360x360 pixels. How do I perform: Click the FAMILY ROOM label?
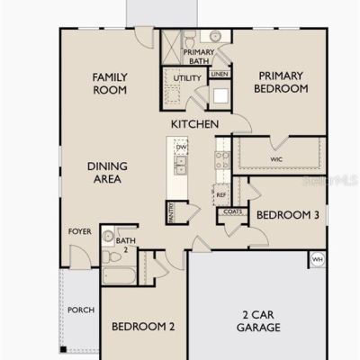(x=110, y=84)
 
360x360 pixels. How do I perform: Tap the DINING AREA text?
(x=107, y=173)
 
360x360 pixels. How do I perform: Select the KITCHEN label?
(x=194, y=124)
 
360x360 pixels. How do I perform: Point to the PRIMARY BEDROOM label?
(x=281, y=82)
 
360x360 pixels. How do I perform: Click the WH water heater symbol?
(x=317, y=259)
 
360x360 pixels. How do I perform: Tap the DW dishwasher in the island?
(x=181, y=147)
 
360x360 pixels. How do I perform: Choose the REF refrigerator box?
(x=221, y=194)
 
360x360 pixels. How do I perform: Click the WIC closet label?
(x=276, y=159)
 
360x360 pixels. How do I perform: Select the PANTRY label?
(x=171, y=212)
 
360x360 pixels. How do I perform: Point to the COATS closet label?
(x=233, y=211)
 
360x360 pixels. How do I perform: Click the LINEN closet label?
(x=220, y=74)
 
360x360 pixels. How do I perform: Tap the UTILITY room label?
(x=187, y=78)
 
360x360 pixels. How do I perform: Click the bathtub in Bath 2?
(x=119, y=275)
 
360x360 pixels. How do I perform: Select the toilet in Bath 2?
(x=111, y=257)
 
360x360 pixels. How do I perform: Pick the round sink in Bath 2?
(x=108, y=237)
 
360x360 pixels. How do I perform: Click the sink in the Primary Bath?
(x=215, y=36)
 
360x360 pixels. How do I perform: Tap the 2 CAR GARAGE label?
(x=258, y=321)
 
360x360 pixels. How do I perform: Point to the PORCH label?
(x=81, y=310)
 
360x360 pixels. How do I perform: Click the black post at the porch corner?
(x=63, y=349)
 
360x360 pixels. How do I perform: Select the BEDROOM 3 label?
(x=288, y=215)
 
